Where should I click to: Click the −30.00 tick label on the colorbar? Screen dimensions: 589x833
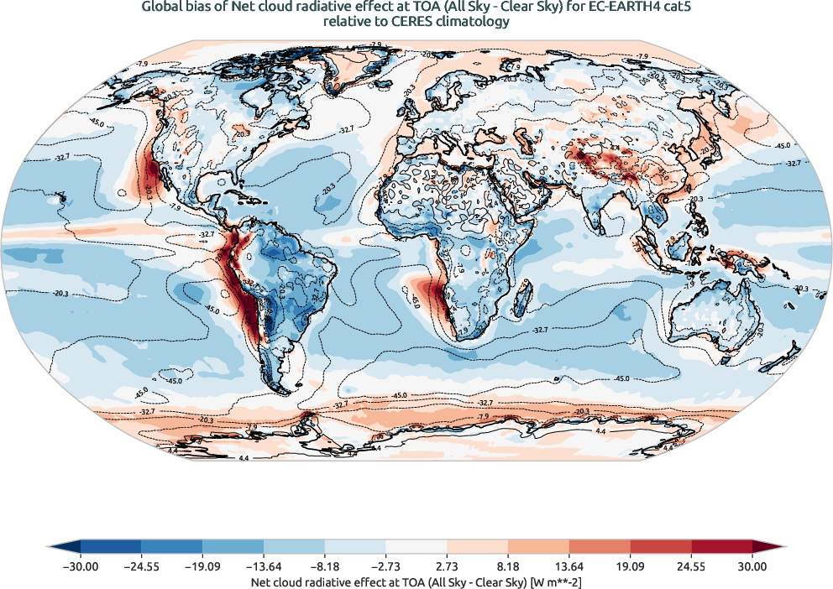pyautogui.click(x=81, y=566)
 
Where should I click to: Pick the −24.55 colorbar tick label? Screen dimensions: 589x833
pyautogui.click(x=142, y=566)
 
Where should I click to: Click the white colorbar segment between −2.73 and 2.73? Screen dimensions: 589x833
pyautogui.click(x=416, y=549)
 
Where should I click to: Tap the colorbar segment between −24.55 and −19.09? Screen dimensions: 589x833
pyautogui.click(x=172, y=549)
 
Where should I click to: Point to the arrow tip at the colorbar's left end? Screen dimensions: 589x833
pyautogui.click(x=53, y=549)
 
